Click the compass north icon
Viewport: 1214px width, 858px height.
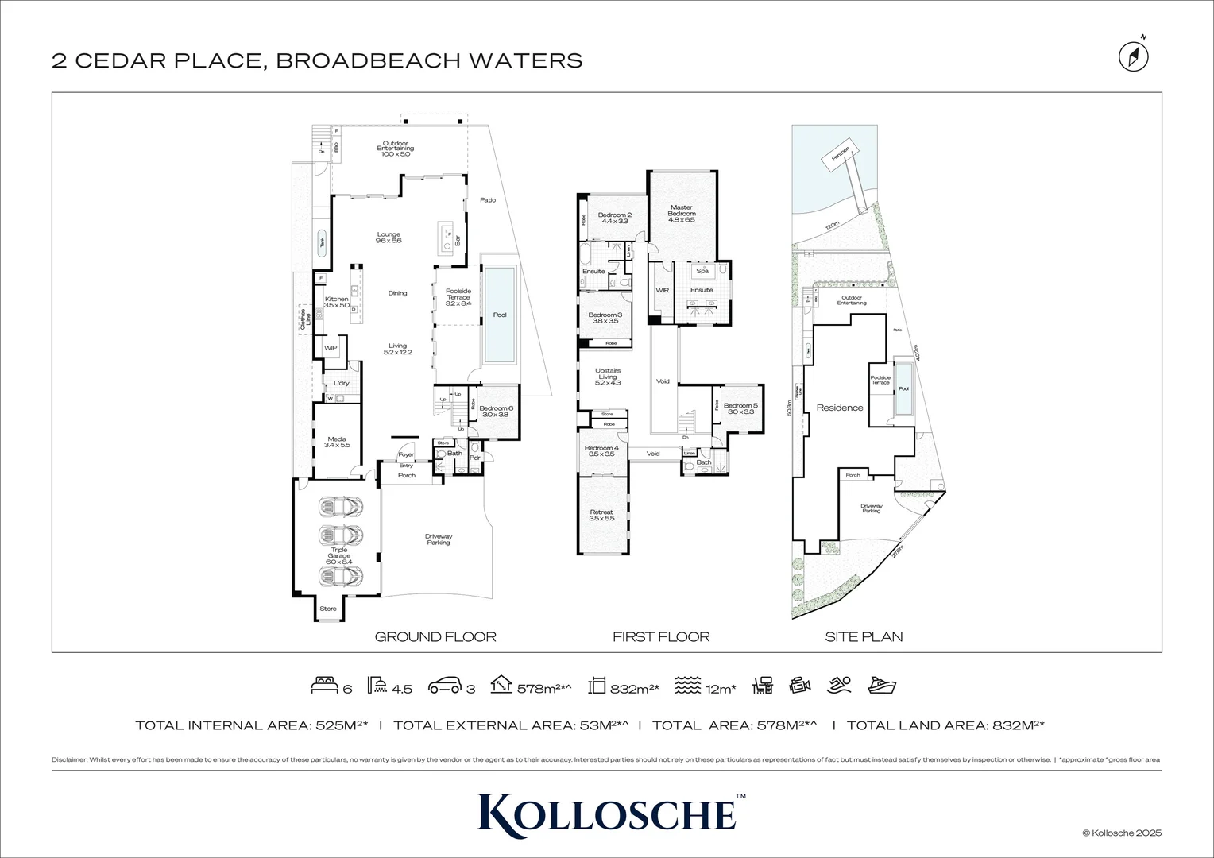1134,56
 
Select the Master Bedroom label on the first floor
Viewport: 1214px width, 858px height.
681,211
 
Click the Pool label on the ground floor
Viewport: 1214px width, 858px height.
499,315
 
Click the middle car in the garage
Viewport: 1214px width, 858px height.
341,534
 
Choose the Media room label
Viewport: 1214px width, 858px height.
336,442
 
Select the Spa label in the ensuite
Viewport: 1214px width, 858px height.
702,271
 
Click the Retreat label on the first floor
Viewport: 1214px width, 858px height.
601,515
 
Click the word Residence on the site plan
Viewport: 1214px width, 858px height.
840,408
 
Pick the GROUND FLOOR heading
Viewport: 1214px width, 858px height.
435,636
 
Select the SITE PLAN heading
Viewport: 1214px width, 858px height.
864,636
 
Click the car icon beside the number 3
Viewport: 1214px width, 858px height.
445,686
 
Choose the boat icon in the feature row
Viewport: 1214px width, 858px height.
882,686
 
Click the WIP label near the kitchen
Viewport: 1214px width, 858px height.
331,348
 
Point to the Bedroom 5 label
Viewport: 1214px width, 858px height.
740,408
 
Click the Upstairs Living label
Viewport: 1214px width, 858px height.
607,377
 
